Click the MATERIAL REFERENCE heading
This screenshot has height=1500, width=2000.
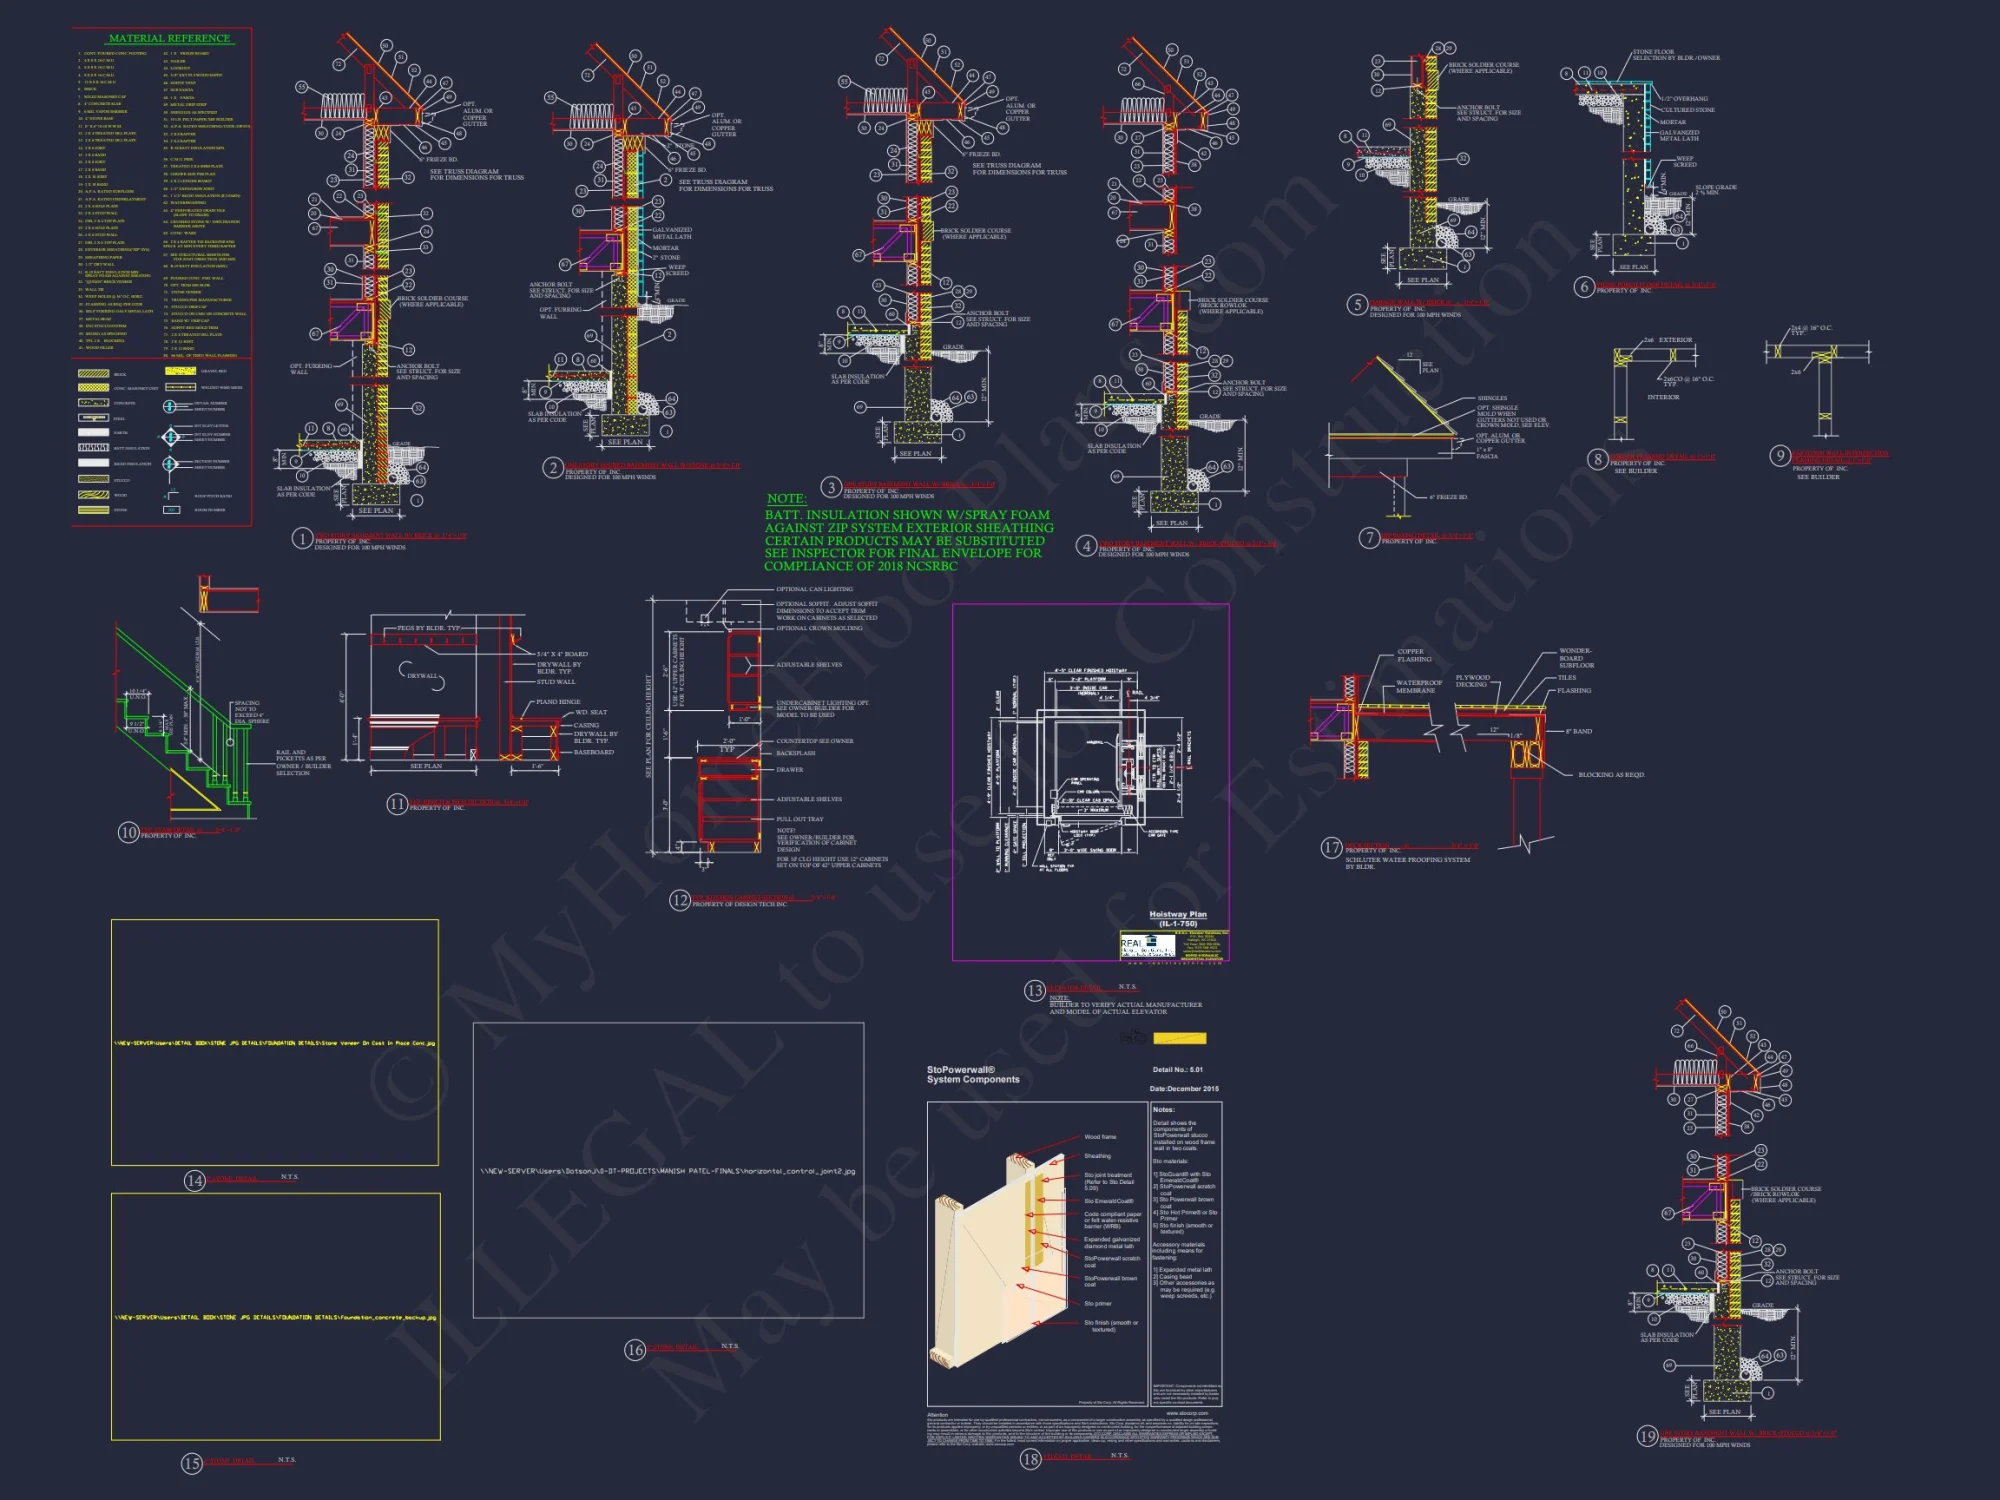[x=169, y=38]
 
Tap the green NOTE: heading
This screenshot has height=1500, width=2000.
[x=786, y=498]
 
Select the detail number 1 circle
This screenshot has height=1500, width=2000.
[x=302, y=539]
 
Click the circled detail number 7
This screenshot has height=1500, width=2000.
[x=1369, y=538]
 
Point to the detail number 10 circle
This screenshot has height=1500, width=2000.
[x=128, y=832]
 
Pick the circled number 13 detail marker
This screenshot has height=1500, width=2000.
[x=1034, y=990]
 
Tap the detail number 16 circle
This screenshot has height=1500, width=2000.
[x=634, y=1350]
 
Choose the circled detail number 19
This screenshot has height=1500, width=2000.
[x=1646, y=1436]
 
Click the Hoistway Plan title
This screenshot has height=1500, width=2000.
[x=1177, y=915]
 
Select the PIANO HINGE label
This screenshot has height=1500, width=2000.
[x=557, y=702]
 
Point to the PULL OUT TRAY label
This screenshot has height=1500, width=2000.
[x=800, y=819]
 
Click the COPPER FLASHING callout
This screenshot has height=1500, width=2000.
[x=1413, y=656]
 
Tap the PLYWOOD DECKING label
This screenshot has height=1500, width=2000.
[x=1472, y=681]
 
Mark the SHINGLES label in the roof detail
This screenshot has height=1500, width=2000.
[x=1491, y=398]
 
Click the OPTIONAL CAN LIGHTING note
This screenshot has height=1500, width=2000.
[x=814, y=589]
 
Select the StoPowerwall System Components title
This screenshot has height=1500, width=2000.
[x=972, y=1075]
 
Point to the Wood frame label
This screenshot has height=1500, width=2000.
[x=1100, y=1137]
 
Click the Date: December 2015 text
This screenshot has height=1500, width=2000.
[x=1184, y=1089]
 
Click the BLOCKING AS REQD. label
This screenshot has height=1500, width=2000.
[x=1611, y=774]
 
